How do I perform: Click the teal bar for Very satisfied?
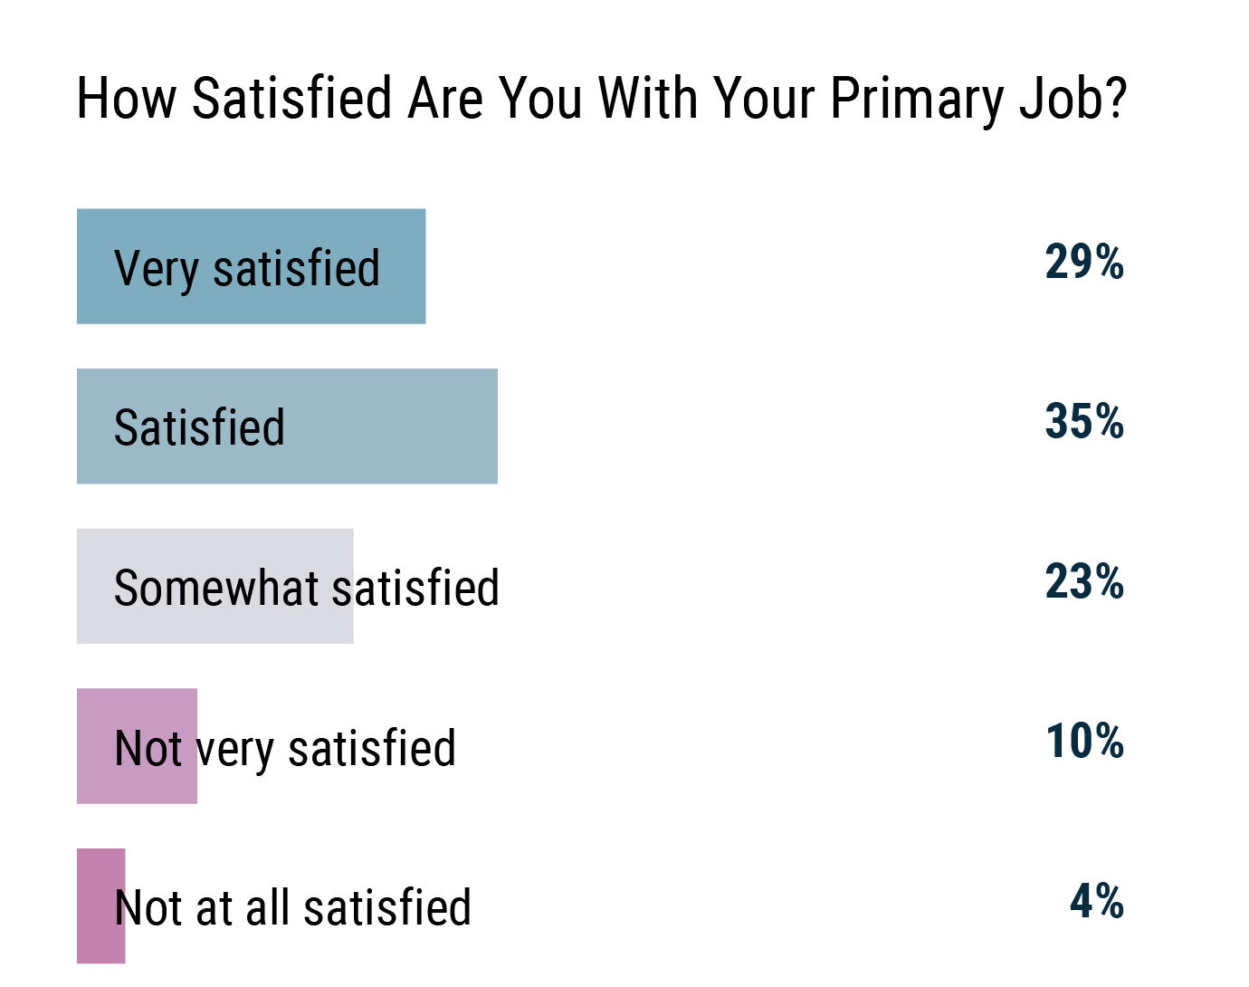coord(251,266)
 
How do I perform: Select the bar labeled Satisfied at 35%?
coord(287,426)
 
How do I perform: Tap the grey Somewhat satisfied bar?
coord(215,587)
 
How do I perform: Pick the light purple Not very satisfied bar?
coord(137,746)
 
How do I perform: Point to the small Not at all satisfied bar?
coord(100,906)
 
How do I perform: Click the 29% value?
coord(1084,263)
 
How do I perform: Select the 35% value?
coord(1084,422)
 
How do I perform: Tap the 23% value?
coord(1084,582)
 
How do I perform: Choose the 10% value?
coord(1084,742)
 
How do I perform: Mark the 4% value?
coord(1097,902)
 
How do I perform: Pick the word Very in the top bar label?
coord(156,269)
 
